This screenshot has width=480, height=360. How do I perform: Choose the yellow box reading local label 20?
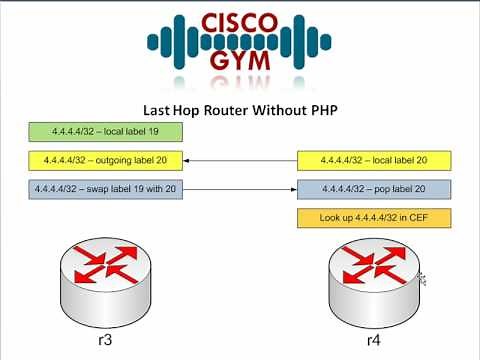pos(373,160)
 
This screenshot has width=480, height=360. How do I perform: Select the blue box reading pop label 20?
pos(373,189)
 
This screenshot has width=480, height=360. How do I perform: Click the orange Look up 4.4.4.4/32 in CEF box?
pos(373,218)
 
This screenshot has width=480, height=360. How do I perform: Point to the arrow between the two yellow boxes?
pos(241,160)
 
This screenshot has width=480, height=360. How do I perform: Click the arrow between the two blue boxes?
pos(241,189)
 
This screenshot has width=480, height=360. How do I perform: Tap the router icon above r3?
pos(104,275)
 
